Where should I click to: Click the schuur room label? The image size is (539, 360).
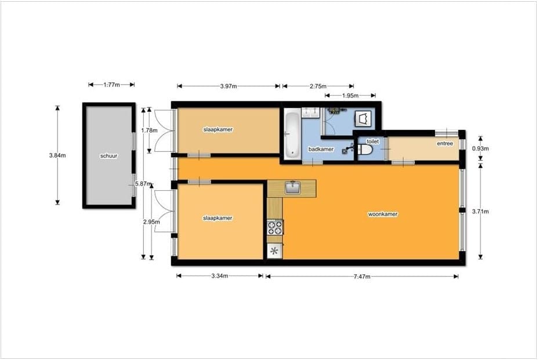(108, 155)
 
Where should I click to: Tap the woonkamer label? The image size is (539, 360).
(382, 214)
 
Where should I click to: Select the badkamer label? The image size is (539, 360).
(321, 149)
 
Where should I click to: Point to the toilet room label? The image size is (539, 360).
(372, 141)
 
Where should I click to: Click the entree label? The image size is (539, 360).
(445, 144)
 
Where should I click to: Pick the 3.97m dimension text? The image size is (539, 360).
(228, 86)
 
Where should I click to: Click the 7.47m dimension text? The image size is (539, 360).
(361, 277)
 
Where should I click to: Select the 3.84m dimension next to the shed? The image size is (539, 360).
(57, 155)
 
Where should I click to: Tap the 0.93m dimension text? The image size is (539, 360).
(480, 149)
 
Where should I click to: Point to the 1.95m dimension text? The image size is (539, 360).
(350, 96)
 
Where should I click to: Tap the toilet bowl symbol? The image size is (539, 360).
(364, 150)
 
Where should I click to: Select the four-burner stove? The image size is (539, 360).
(275, 227)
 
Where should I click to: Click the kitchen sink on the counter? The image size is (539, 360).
(293, 188)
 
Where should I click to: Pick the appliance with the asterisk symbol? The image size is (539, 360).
(274, 251)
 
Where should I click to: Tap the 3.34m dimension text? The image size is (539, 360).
(220, 276)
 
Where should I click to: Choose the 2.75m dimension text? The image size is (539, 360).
(318, 86)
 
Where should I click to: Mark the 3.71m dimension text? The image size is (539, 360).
(480, 212)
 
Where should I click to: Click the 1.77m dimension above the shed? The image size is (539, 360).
(111, 85)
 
